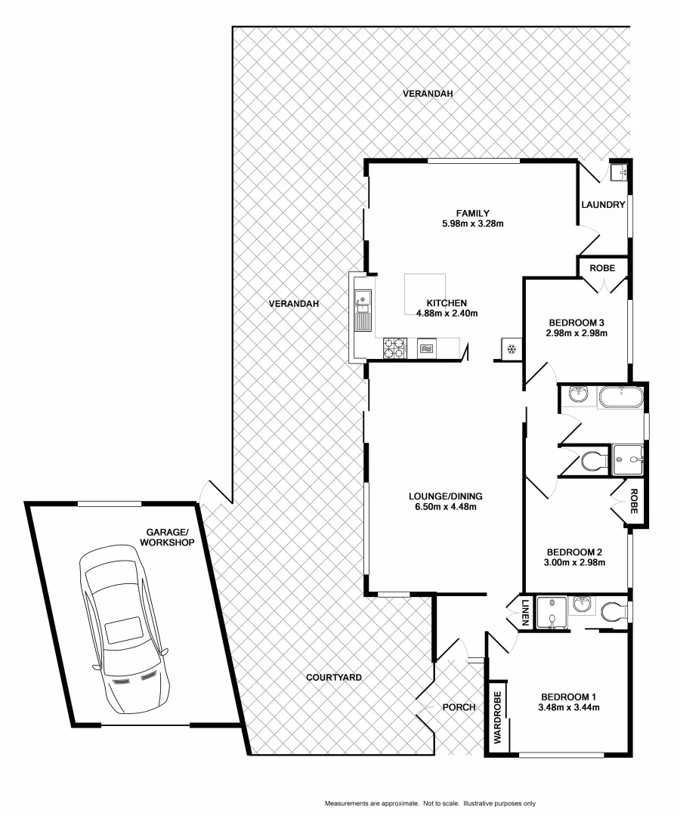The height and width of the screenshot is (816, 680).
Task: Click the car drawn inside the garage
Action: (x=125, y=631)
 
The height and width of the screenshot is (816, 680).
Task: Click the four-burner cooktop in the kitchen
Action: (x=394, y=348)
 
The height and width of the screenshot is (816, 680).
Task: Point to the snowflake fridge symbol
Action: (x=511, y=348)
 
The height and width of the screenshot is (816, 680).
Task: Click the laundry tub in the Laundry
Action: (x=621, y=172)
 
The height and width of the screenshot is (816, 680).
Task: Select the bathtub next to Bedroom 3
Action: (x=620, y=397)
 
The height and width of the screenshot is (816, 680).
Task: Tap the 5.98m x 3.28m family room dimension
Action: (x=473, y=223)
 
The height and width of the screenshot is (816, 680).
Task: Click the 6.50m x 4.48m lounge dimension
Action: (x=445, y=506)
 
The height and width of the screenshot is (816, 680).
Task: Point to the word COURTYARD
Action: (x=333, y=678)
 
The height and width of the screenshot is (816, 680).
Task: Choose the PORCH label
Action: (x=459, y=707)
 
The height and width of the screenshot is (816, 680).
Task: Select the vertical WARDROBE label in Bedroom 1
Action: (x=498, y=719)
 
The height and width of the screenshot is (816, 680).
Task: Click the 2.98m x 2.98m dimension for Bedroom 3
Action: (x=577, y=332)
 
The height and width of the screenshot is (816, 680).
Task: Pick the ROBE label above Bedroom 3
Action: (x=602, y=267)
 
